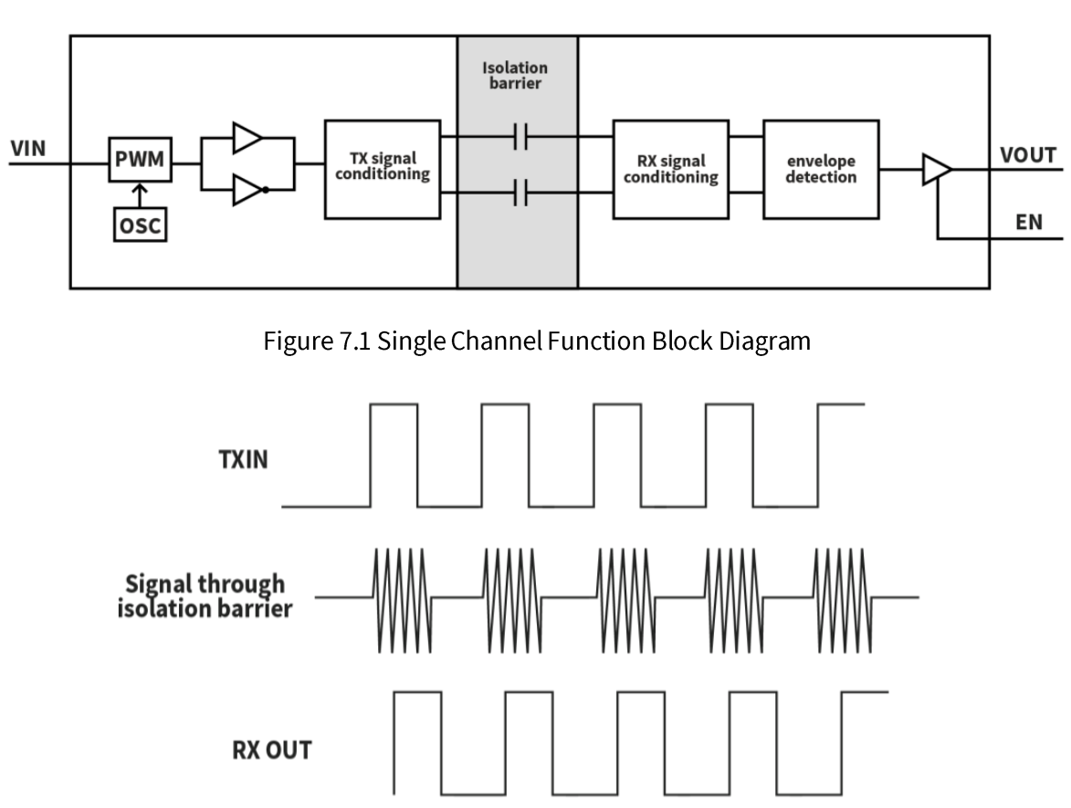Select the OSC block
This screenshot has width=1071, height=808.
point(139,224)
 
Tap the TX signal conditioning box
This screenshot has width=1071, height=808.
point(382,169)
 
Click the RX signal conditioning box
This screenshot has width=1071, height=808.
point(670,169)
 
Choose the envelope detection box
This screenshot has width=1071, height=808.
point(821,169)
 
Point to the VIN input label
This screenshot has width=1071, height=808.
point(27,148)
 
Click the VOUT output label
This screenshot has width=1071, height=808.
point(1028,154)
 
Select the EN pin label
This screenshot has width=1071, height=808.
point(1028,223)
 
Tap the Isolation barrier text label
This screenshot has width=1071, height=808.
point(516,76)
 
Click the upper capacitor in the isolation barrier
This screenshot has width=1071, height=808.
point(521,138)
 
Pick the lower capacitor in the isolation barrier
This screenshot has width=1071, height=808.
point(521,193)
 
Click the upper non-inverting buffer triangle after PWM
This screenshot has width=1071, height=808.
point(247,138)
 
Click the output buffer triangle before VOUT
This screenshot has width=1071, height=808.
point(936,169)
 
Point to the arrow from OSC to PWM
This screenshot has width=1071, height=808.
point(139,194)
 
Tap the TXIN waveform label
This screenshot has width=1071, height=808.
point(242,458)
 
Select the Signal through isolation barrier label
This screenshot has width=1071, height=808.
point(205,595)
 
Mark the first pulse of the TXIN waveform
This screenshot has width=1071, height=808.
point(394,454)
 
